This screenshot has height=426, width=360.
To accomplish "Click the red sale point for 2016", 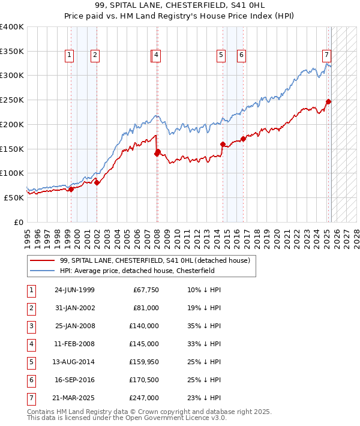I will [x=243, y=139].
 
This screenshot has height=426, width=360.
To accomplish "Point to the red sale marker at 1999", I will [x=71, y=189].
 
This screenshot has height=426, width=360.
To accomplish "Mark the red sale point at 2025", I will [x=328, y=101].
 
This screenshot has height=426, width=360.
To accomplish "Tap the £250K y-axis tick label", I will [x=12, y=100].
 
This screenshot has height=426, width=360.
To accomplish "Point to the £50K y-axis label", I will [x=14, y=197].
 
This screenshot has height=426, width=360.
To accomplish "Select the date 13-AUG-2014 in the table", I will [x=74, y=362].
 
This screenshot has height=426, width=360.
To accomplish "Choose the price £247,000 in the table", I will [x=144, y=398].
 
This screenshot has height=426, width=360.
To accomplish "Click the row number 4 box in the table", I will [x=31, y=344].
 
